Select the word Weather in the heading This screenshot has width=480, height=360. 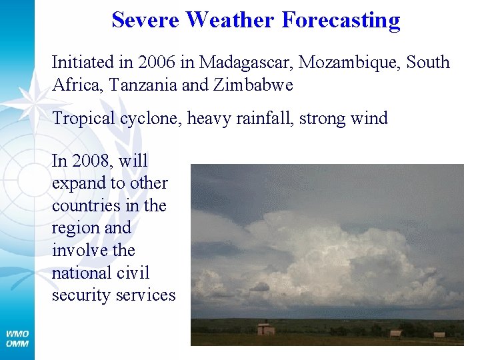(230, 20)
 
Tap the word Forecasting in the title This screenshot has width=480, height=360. (341, 20)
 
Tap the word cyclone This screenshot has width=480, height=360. (150, 119)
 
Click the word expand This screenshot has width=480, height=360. (75, 183)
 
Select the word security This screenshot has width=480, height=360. (78, 295)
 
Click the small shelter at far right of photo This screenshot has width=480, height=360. (439, 335)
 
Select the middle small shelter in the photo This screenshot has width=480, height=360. (395, 333)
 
